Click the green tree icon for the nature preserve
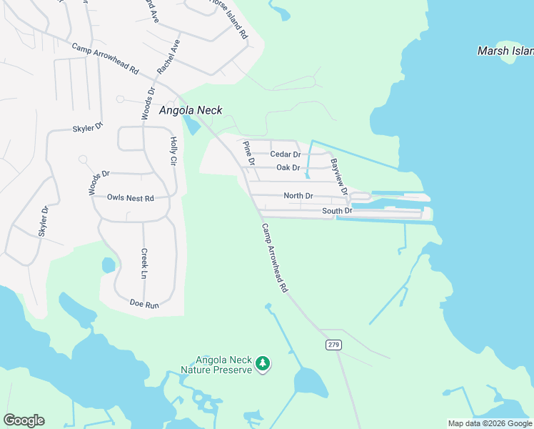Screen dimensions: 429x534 pos(263,365)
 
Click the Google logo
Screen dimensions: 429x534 pos(24,420)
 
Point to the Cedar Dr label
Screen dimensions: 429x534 pos(286,154)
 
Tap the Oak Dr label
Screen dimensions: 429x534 pos(288,168)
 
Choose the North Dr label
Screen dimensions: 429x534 pos(298,195)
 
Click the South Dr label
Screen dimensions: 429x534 pos(337,211)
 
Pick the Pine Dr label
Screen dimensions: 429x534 pos(248,153)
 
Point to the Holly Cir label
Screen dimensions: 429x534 pos(172,151)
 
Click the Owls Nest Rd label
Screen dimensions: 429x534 pos(131,197)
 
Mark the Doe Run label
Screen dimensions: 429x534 pos(144,305)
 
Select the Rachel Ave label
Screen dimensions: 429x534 pos(169,57)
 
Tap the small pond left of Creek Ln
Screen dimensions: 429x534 pos(109,265)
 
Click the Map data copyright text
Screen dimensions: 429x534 pos(490,423)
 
